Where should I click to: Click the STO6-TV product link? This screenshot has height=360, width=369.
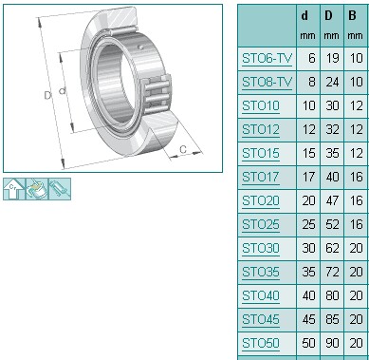tap(267, 59)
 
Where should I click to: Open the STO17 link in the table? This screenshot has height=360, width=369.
tap(261, 177)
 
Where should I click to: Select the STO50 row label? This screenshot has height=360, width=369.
tap(261, 343)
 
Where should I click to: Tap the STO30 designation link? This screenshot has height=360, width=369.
tap(261, 248)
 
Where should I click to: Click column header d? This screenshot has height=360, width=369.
tap(304, 16)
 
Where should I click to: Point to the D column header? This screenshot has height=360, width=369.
tap(328, 16)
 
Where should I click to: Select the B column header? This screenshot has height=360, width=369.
tap(352, 16)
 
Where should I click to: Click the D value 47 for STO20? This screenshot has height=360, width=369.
tap(332, 200)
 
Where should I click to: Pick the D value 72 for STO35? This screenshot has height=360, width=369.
tap(332, 272)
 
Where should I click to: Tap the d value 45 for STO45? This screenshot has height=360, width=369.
tap(309, 319)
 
